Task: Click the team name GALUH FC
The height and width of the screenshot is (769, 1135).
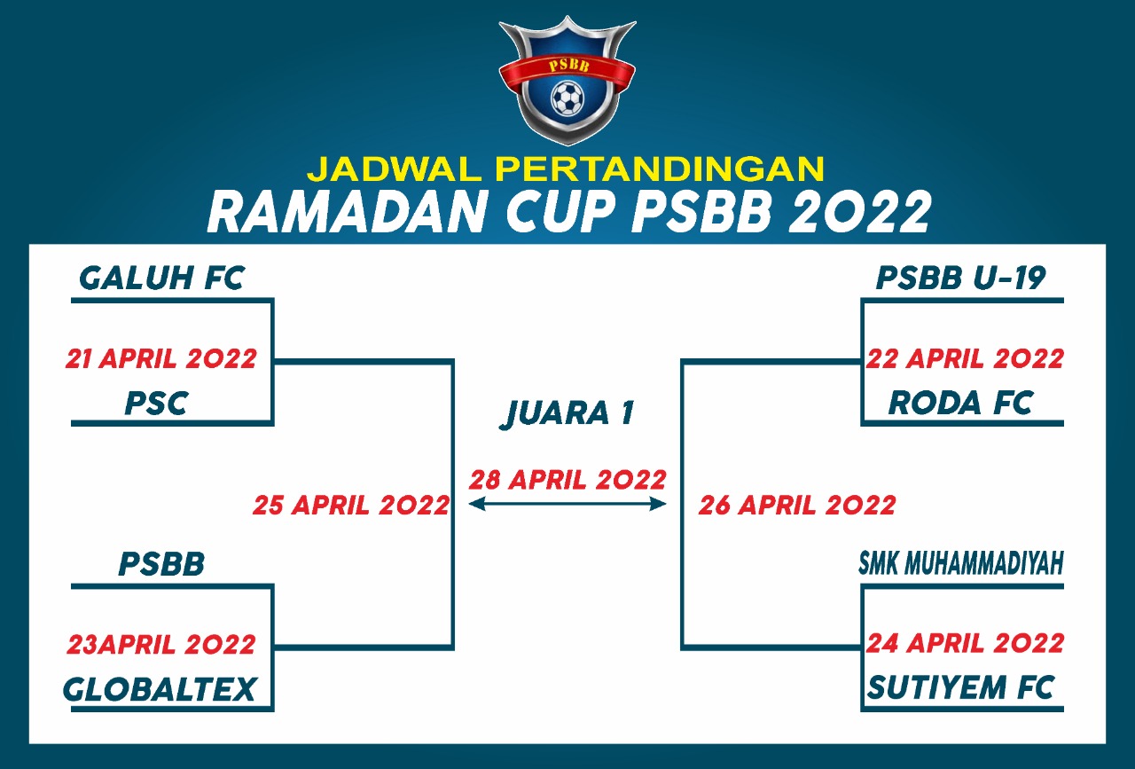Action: tap(161, 279)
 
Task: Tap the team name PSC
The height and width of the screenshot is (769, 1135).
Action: tap(156, 404)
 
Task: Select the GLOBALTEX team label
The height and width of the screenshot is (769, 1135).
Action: tap(160, 689)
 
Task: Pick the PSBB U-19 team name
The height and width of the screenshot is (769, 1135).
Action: tap(961, 279)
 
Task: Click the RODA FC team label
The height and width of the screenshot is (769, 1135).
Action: tap(960, 403)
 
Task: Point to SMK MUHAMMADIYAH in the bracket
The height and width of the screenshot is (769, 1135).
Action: tap(960, 564)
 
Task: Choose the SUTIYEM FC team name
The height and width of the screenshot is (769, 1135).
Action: tap(960, 688)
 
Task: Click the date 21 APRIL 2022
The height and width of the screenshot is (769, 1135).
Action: tap(161, 359)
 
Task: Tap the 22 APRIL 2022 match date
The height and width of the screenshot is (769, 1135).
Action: tap(965, 359)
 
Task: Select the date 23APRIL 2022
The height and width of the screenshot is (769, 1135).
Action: tap(161, 644)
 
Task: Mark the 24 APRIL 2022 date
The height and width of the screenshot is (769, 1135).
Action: tap(965, 643)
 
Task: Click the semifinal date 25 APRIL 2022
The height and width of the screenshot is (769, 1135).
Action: tap(351, 506)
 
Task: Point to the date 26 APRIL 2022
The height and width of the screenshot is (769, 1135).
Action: tap(797, 506)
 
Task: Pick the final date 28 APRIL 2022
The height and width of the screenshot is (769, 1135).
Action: tap(567, 480)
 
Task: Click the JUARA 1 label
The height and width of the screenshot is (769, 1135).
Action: tap(567, 413)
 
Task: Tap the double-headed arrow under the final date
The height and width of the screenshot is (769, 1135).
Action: tap(567, 504)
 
